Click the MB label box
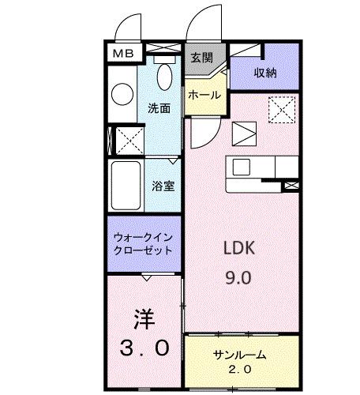(122, 54)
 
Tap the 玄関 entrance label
(201, 58)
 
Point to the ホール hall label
(204, 95)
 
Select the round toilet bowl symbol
(122, 94)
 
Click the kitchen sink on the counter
(241, 167)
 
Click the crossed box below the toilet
(126, 141)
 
